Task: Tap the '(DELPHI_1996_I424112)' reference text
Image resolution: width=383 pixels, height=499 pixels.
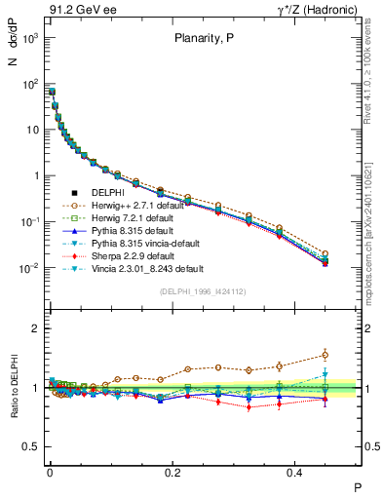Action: (203, 290)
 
